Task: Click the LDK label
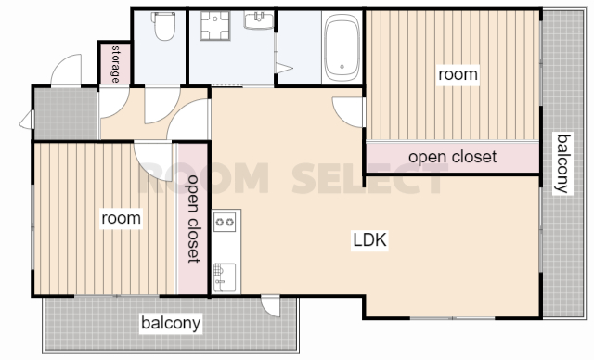369,240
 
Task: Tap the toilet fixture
163,25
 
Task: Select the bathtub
342,48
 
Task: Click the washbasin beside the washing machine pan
259,20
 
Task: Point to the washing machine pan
215,25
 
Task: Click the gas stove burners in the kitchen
225,222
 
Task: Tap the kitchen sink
225,277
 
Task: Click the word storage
115,64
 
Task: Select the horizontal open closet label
452,157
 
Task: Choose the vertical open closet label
193,218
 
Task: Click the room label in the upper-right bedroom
458,74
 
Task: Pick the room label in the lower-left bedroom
122,218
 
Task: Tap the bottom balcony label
171,323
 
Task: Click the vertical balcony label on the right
562,163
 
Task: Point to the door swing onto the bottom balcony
270,306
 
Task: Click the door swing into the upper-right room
348,112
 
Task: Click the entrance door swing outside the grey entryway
66,70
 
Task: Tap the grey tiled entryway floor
66,113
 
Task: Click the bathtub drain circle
342,67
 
